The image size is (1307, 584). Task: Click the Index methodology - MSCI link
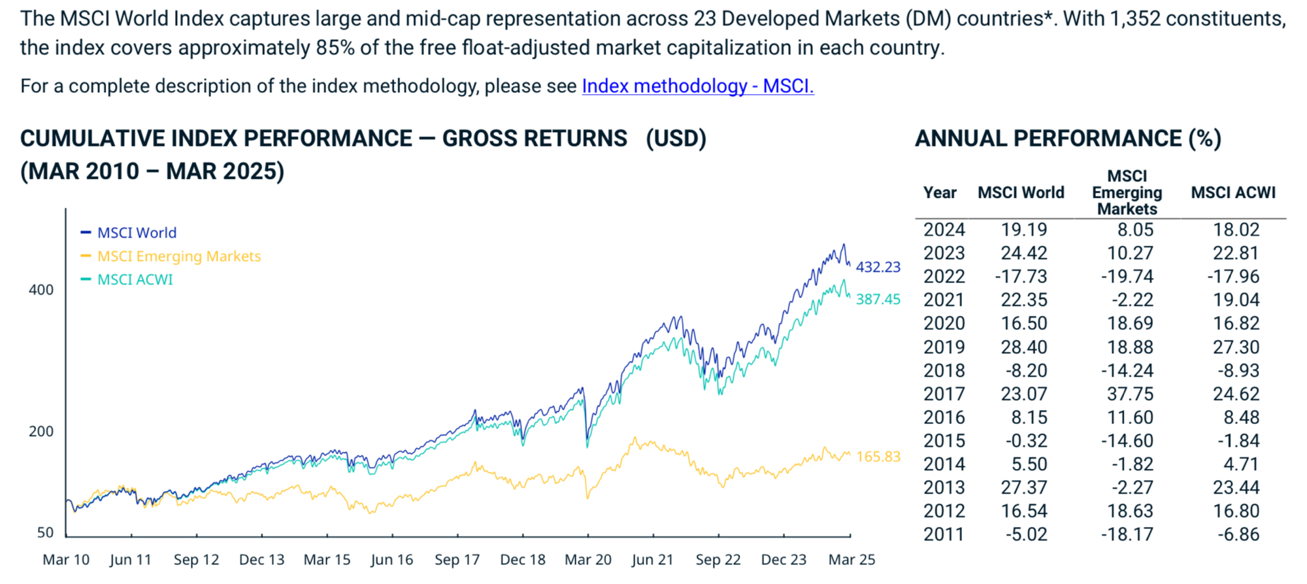tap(697, 86)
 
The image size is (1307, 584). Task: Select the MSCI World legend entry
tap(137, 233)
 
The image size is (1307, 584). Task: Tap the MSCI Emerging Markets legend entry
tap(178, 256)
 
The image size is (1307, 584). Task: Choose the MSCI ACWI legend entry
tap(135, 280)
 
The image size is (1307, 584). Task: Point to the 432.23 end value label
tap(878, 267)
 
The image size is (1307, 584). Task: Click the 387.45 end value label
tap(878, 299)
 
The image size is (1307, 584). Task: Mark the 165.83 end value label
tap(878, 456)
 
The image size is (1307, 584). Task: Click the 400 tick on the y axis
tap(41, 290)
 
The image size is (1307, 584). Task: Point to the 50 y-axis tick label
tap(45, 532)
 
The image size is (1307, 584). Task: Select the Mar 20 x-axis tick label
tap(587, 560)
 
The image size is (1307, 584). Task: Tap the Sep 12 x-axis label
tap(196, 560)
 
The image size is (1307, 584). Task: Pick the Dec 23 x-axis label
tap(784, 560)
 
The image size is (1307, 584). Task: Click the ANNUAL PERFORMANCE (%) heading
tap(1068, 139)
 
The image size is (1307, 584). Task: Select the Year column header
tap(940, 193)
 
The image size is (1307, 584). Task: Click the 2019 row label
tap(944, 347)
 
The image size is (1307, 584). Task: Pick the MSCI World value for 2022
tap(1021, 277)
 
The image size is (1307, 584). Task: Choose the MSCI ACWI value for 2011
tap(1238, 534)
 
